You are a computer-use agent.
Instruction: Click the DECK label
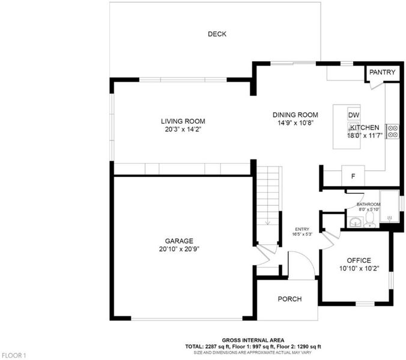pos(217,34)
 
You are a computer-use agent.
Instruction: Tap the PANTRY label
pos(382,72)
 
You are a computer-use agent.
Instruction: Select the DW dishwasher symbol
pos(354,115)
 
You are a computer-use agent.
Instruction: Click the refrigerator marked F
pos(353,176)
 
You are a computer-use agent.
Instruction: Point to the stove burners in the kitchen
pos(393,131)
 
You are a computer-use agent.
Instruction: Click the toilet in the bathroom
pos(370,220)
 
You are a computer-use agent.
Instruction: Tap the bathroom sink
pos(356,222)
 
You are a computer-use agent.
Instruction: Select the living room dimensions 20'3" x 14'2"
pos(183,130)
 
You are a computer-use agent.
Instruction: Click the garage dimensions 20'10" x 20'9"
pos(179,249)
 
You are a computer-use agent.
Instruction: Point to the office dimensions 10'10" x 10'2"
pos(359,268)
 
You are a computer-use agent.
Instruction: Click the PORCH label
pos(289,299)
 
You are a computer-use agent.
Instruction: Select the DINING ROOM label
pos(295,115)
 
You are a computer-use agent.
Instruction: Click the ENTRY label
pos(302,229)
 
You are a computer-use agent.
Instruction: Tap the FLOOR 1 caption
pos(14,355)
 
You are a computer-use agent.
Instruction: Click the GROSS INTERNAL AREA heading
pos(253,340)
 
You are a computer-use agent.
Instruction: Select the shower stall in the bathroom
pos(389,206)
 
